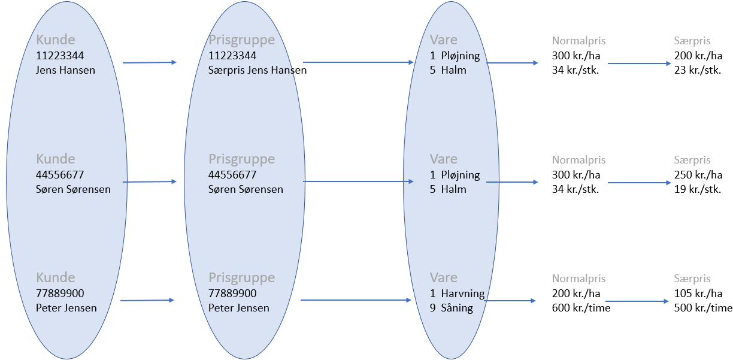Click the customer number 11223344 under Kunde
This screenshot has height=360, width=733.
[x=60, y=56]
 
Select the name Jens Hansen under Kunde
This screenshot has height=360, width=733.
[x=65, y=70]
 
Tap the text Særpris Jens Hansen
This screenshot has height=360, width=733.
[x=258, y=70]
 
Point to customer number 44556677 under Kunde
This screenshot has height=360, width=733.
[x=60, y=175]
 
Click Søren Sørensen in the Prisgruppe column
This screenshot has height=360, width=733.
[x=246, y=189]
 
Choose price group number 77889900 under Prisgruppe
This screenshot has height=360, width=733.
[x=232, y=294]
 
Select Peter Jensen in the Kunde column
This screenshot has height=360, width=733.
[x=66, y=308]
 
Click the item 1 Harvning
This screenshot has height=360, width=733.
[x=457, y=294]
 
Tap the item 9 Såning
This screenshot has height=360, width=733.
[x=452, y=308]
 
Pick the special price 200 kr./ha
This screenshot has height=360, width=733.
[x=698, y=56]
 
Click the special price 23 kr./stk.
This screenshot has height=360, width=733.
[x=698, y=70]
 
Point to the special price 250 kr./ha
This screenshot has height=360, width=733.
[x=698, y=175]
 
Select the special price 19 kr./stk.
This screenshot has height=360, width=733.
[x=698, y=189]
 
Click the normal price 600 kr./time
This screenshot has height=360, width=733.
[x=581, y=308]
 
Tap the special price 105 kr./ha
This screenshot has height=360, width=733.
[x=698, y=294]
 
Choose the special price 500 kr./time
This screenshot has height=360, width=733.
[x=703, y=308]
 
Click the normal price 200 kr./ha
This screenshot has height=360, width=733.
[x=576, y=294]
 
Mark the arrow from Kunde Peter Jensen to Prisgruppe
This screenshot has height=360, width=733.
[x=147, y=300]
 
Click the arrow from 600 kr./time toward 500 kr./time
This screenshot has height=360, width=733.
[x=637, y=301]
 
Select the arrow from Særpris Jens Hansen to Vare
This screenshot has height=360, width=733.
[x=358, y=62]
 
